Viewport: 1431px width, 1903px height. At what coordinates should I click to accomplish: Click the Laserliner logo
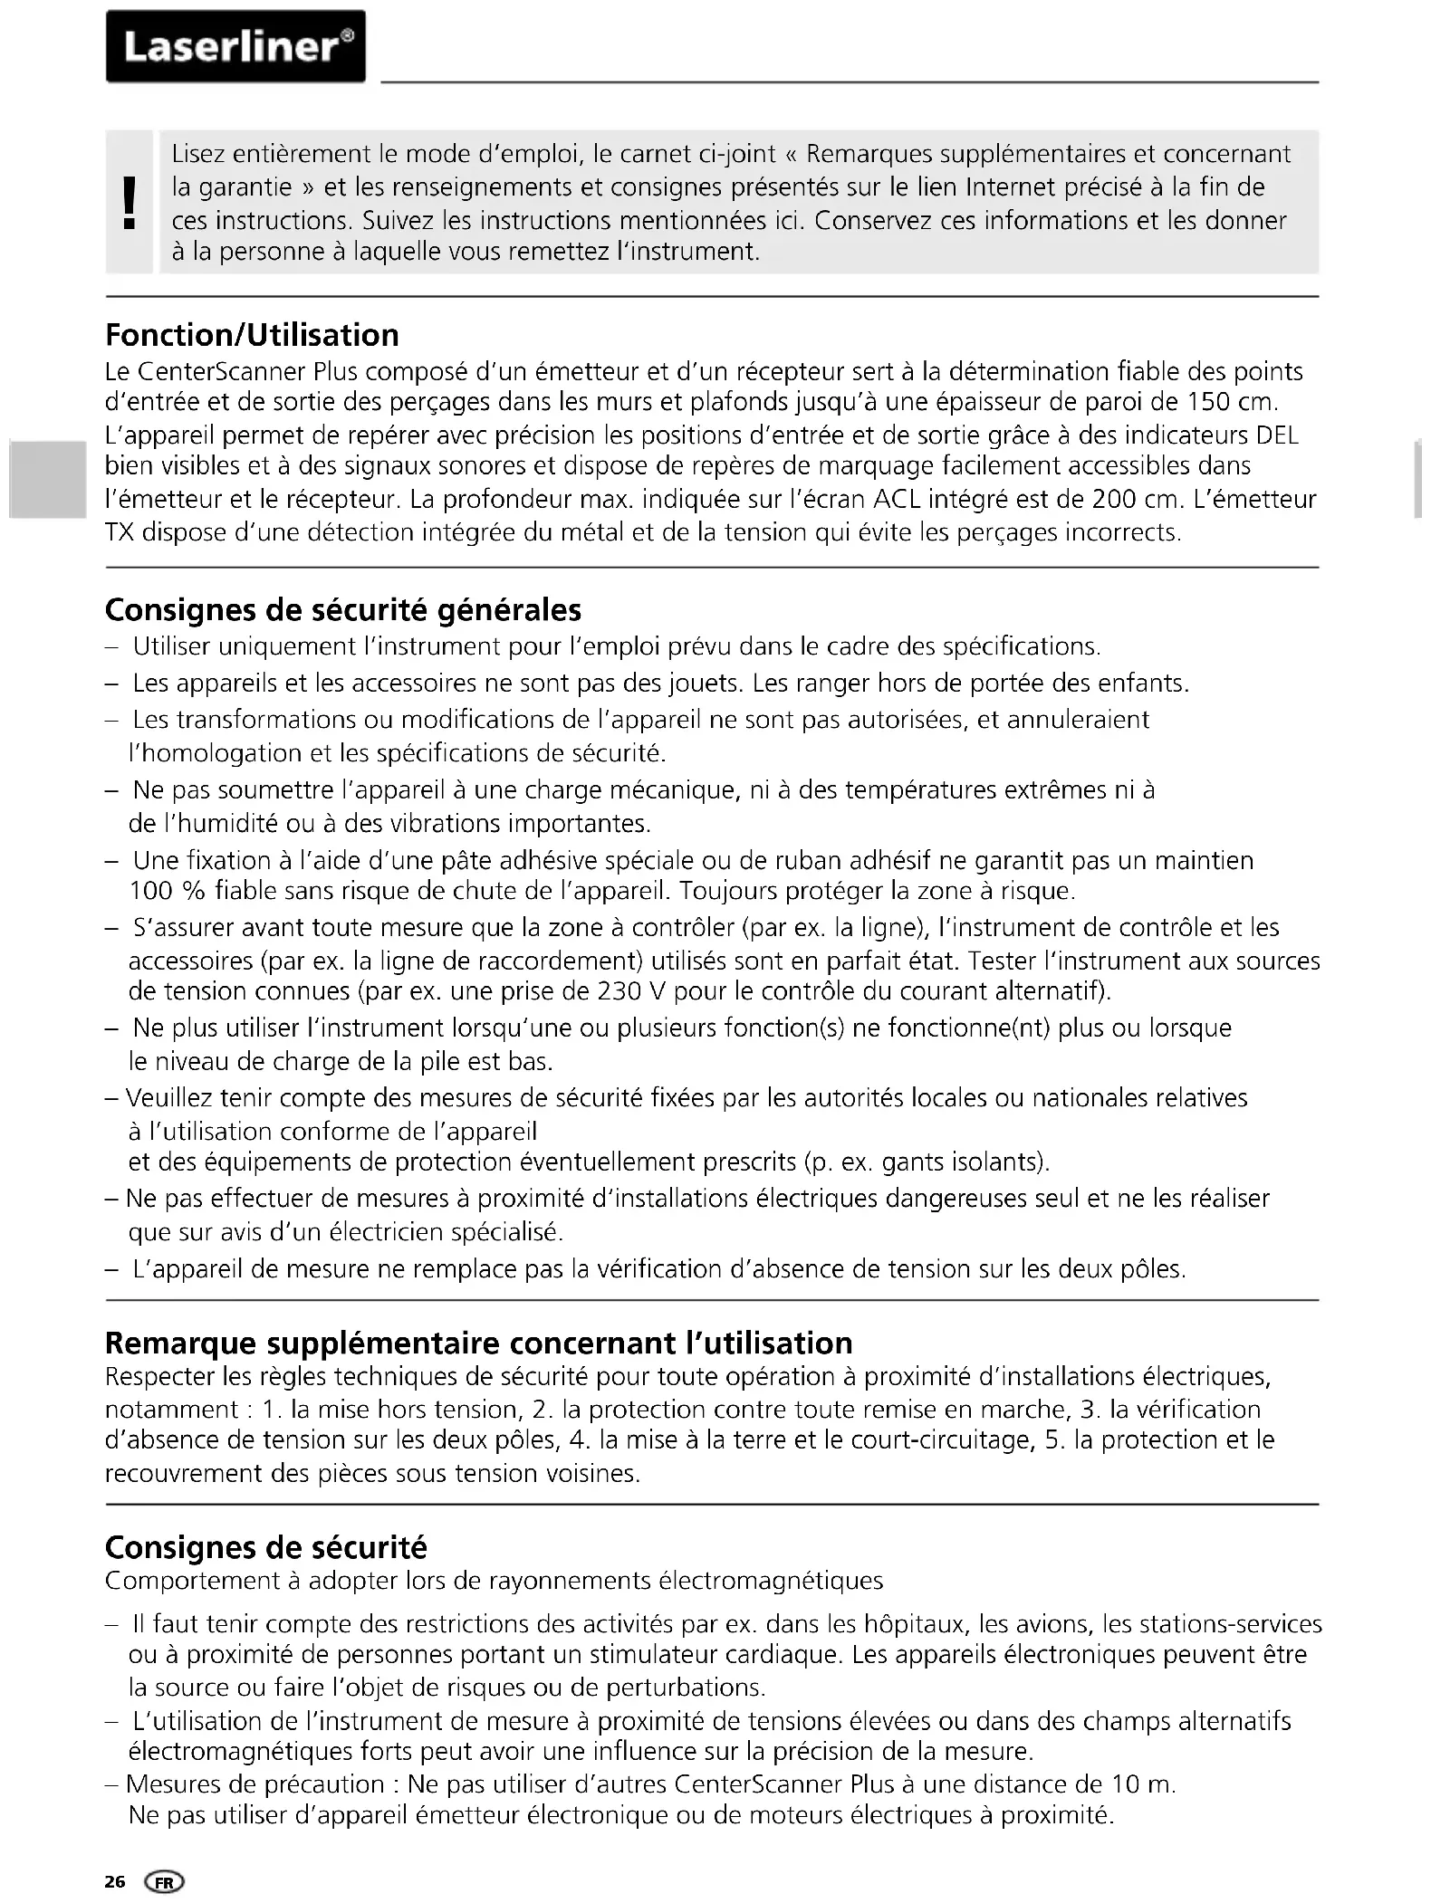[235, 47]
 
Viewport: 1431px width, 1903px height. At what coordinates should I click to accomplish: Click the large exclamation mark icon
[130, 202]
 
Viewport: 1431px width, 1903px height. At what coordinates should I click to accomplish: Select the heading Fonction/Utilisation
[252, 335]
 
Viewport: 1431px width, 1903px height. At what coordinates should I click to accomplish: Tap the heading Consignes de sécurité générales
[343, 610]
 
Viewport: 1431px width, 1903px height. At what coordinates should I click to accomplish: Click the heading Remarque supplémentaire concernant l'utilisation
[478, 1343]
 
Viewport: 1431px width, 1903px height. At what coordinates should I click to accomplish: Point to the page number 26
[115, 1882]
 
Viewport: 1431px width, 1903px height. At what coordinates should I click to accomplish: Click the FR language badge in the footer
[164, 1882]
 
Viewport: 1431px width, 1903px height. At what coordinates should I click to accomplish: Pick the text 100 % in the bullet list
[167, 892]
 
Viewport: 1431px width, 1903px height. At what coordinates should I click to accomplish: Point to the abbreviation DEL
[1277, 435]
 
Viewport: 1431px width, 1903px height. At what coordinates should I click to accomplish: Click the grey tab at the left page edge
[47, 479]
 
